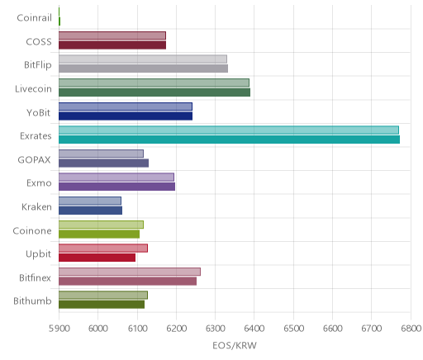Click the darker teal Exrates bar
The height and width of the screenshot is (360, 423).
point(229,140)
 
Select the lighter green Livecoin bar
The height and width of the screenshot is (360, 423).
point(154,83)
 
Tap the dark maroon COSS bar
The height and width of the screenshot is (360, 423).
point(112,45)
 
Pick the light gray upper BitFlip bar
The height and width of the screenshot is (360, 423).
point(143,59)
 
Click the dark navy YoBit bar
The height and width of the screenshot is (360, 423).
point(126,116)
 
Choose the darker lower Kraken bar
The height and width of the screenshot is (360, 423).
point(90,211)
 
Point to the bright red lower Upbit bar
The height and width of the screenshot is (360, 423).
point(97,258)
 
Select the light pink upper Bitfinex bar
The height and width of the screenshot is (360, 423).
point(130,272)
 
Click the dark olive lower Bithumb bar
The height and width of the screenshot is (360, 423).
point(102,305)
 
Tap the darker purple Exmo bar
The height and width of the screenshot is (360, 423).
point(116,187)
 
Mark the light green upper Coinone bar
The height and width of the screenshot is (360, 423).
point(101,225)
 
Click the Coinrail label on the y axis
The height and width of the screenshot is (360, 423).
point(34,18)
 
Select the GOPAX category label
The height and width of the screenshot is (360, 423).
point(34,160)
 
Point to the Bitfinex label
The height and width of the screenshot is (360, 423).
point(35,277)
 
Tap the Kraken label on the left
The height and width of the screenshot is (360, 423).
point(36,206)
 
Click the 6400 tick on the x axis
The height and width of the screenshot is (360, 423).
point(254,329)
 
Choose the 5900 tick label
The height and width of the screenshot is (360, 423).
point(59,329)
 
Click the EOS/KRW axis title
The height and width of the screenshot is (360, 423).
point(235,345)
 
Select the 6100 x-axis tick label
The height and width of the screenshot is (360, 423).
point(137,329)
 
